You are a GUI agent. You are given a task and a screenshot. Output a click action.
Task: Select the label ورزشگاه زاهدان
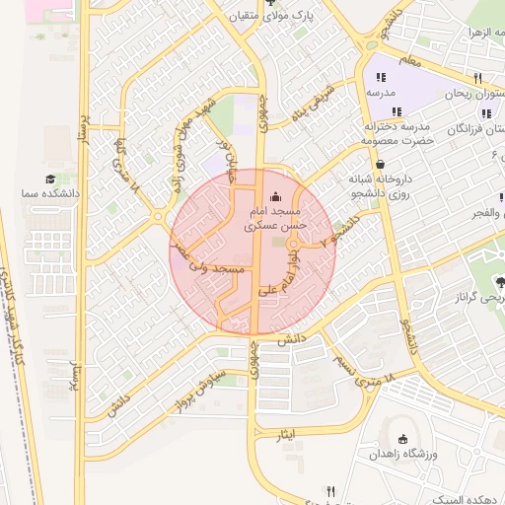402,455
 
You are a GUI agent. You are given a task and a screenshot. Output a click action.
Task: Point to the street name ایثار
288,435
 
